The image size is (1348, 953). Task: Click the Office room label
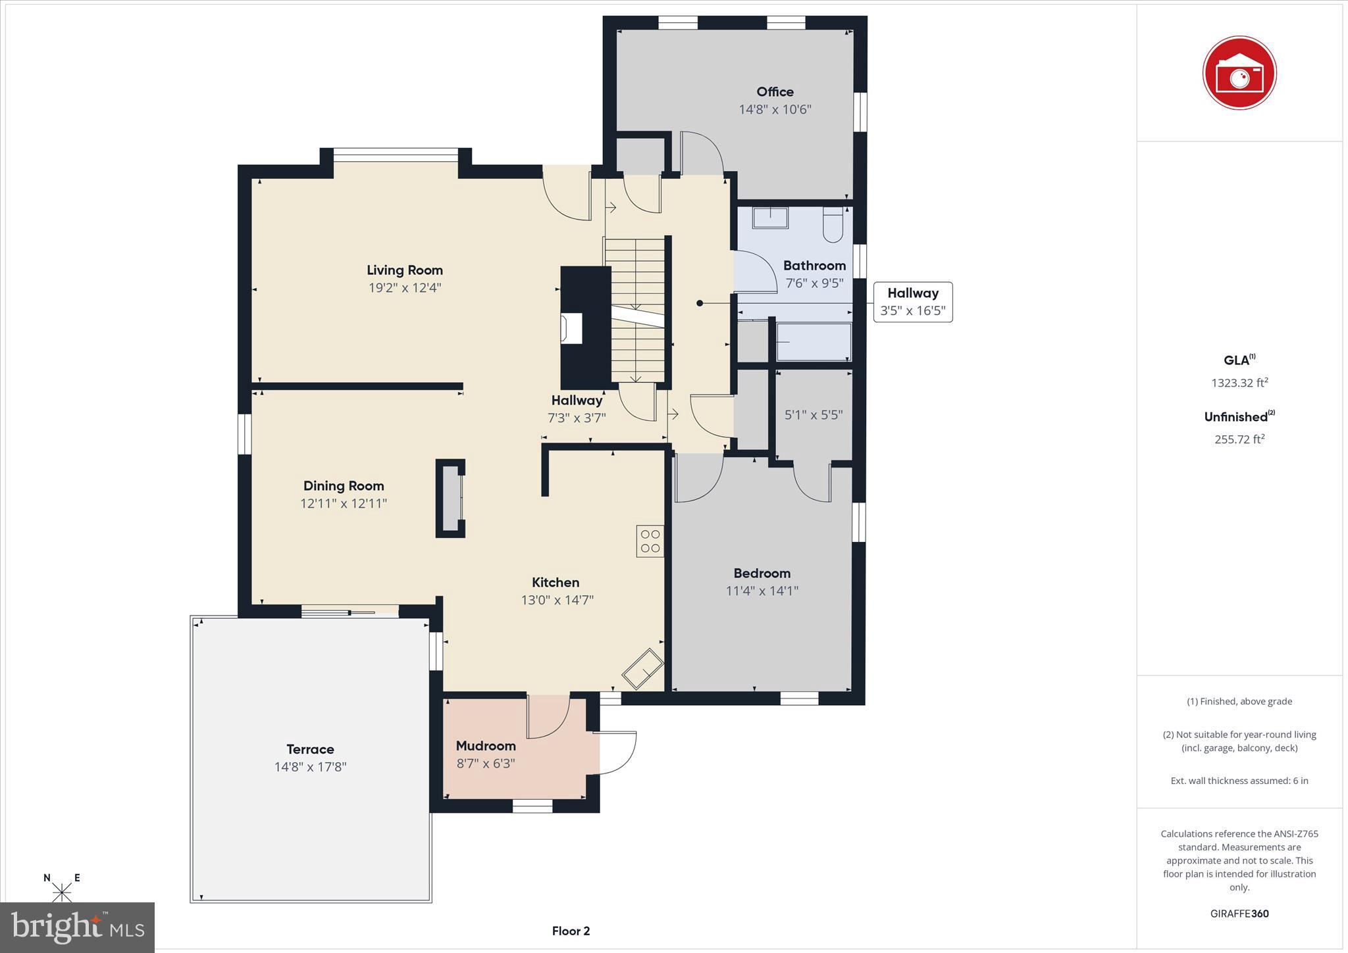pos(775,92)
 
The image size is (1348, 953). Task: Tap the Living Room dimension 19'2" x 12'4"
pos(404,288)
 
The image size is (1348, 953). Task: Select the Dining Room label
pos(343,486)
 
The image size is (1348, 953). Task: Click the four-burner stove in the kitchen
pos(650,541)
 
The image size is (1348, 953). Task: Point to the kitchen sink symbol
pos(642,668)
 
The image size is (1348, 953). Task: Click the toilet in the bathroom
pos(833,224)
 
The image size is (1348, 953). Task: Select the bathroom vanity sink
pos(770,218)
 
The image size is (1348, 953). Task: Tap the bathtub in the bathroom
pos(814,341)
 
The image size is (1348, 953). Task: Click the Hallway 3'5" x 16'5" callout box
pos(912,302)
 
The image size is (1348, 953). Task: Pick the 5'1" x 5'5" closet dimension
pos(814,415)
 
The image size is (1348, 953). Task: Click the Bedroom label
pos(762,574)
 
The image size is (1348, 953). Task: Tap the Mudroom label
pos(486,746)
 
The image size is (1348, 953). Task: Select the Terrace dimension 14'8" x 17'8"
pos(310,767)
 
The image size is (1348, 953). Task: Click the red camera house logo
pos(1239,73)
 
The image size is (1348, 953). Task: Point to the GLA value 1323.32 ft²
pos(1239,383)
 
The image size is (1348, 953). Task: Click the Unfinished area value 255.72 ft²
pos(1239,439)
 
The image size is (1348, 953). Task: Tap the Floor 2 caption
pos(571,931)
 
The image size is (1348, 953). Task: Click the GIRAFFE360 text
pos(1239,914)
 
